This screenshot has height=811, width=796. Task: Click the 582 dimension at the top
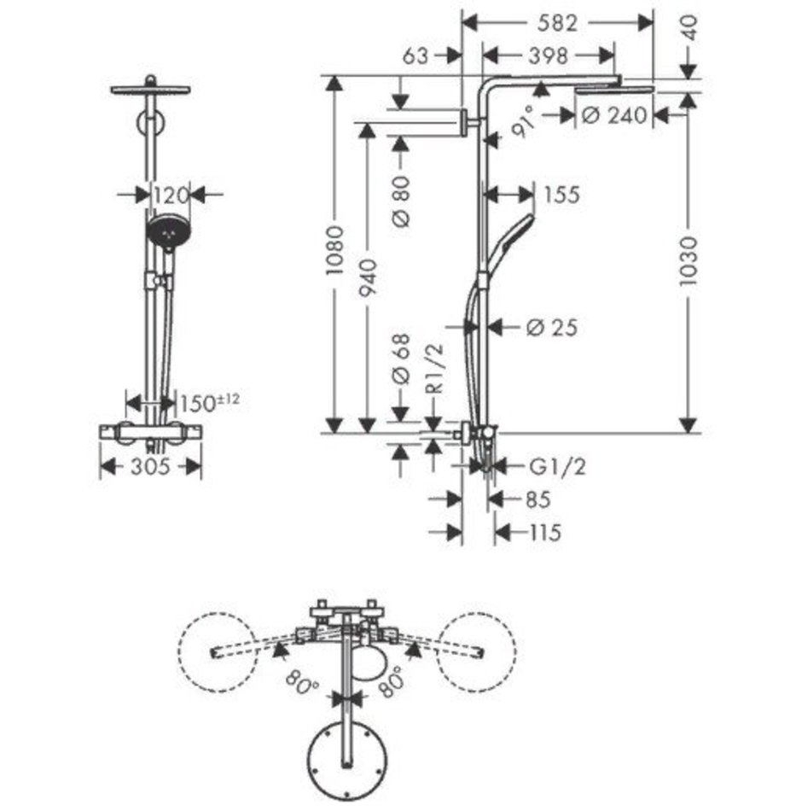556,23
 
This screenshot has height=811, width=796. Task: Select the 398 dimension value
549,55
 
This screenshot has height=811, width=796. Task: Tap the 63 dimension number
415,55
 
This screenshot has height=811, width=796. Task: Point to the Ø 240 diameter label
614,115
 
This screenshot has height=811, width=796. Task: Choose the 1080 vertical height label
335,250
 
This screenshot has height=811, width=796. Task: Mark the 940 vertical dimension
368,278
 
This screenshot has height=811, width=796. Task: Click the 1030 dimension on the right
688,261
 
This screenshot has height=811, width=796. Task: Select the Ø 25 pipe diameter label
551,327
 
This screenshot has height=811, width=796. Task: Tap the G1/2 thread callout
558,466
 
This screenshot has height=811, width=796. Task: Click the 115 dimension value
545,532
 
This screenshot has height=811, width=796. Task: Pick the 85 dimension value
538,499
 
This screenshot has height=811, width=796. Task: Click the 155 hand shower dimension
562,195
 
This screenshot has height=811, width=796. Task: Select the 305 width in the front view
150,466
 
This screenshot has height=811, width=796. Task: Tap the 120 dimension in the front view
171,195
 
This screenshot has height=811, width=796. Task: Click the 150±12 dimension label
209,402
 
